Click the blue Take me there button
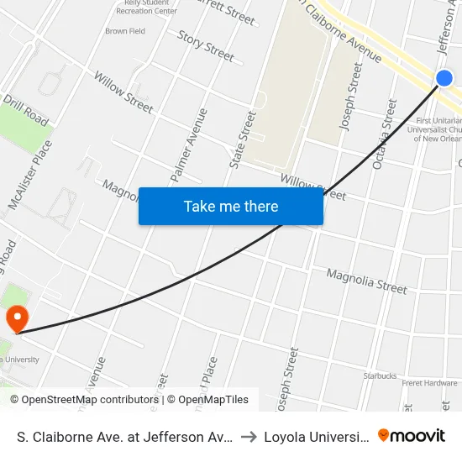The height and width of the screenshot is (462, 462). [x=231, y=207]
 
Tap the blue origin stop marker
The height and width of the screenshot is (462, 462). [x=444, y=78]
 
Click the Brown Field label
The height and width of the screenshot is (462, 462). [x=125, y=31]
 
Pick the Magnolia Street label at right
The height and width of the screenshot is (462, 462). [x=366, y=281]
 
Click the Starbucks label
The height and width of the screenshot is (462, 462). [x=380, y=375]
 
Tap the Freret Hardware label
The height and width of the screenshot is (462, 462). [x=428, y=383]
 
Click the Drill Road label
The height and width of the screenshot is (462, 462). [x=25, y=109]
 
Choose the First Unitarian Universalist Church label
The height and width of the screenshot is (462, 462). [x=438, y=130]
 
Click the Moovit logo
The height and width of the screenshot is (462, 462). [x=412, y=435]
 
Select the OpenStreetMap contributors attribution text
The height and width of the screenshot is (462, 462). [x=83, y=400]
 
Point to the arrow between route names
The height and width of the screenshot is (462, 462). [x=250, y=437]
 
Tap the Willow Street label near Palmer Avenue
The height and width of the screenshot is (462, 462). [x=123, y=92]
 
